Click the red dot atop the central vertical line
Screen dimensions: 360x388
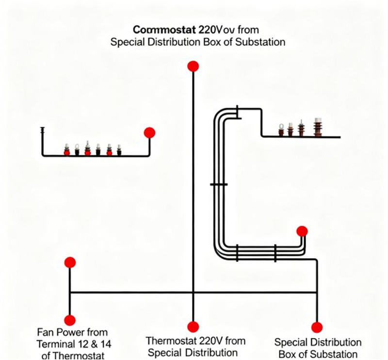point(193,66)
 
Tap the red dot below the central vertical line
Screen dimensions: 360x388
point(193,327)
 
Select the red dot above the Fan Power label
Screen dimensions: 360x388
point(70,262)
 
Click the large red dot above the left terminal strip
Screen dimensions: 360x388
point(149,132)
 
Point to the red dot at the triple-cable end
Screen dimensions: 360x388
point(302,231)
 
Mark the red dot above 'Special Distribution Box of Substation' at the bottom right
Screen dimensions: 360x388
point(317,327)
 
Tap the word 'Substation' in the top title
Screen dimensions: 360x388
point(260,42)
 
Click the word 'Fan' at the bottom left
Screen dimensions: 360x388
point(46,332)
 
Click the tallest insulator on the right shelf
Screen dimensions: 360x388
point(319,127)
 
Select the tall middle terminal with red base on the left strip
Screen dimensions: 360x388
point(87,148)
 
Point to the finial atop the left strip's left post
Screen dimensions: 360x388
point(43,130)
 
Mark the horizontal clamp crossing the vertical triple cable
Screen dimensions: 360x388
point(219,185)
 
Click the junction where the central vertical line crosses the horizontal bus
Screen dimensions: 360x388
point(193,293)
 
